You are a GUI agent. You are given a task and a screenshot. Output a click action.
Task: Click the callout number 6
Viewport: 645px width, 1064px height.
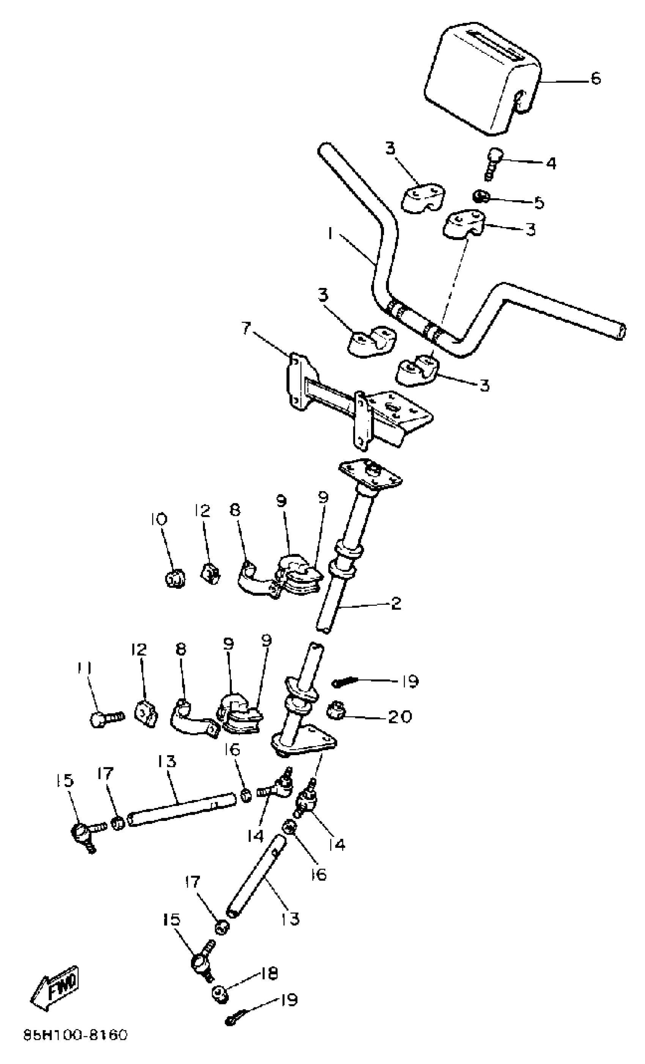coord(595,79)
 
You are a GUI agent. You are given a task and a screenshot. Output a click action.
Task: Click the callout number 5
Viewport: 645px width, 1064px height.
coord(539,202)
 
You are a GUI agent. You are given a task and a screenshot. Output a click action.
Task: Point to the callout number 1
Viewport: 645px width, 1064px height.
coord(330,234)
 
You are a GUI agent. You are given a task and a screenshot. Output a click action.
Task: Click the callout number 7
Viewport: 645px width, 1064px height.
coord(245,329)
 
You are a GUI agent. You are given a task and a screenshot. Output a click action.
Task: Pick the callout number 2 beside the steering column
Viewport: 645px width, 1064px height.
coord(396,604)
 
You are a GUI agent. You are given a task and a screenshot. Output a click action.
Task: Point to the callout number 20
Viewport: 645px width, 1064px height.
coord(400,717)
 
